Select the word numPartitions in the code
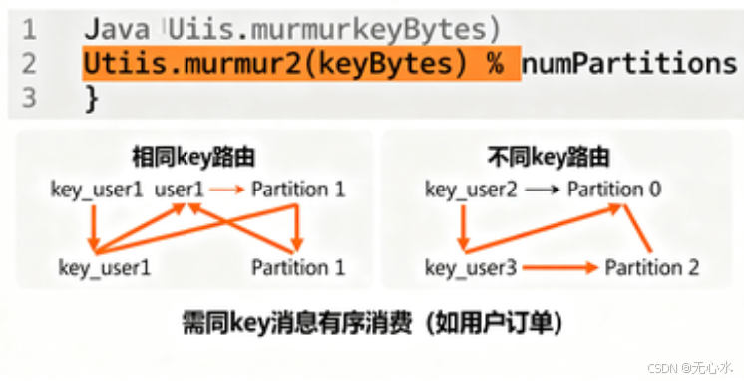click(628, 64)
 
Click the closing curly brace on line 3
click(92, 97)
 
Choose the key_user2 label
click(470, 189)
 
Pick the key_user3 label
click(470, 268)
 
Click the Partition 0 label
click(614, 189)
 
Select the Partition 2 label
click(652, 268)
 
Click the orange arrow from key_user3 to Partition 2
click(559, 268)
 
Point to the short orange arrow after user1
click(226, 189)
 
